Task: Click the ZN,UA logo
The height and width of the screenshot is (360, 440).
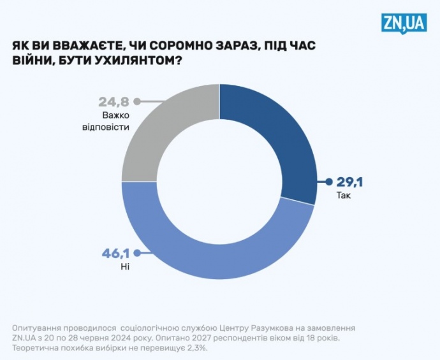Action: click(x=404, y=24)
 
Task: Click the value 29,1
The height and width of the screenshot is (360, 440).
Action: click(x=350, y=184)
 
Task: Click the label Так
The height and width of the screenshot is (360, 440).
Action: click(x=344, y=196)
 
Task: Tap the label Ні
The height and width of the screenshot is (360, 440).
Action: click(x=124, y=266)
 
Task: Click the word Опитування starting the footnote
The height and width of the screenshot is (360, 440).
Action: click(x=38, y=327)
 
